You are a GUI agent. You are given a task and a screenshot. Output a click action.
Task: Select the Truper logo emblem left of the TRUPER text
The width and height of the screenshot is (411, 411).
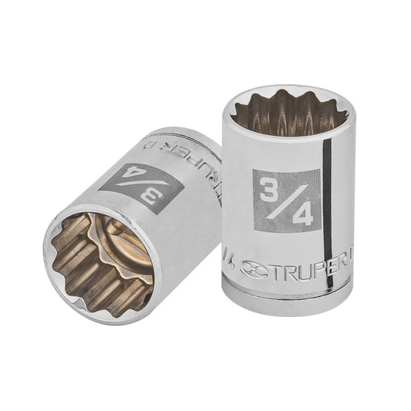[254, 268]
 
